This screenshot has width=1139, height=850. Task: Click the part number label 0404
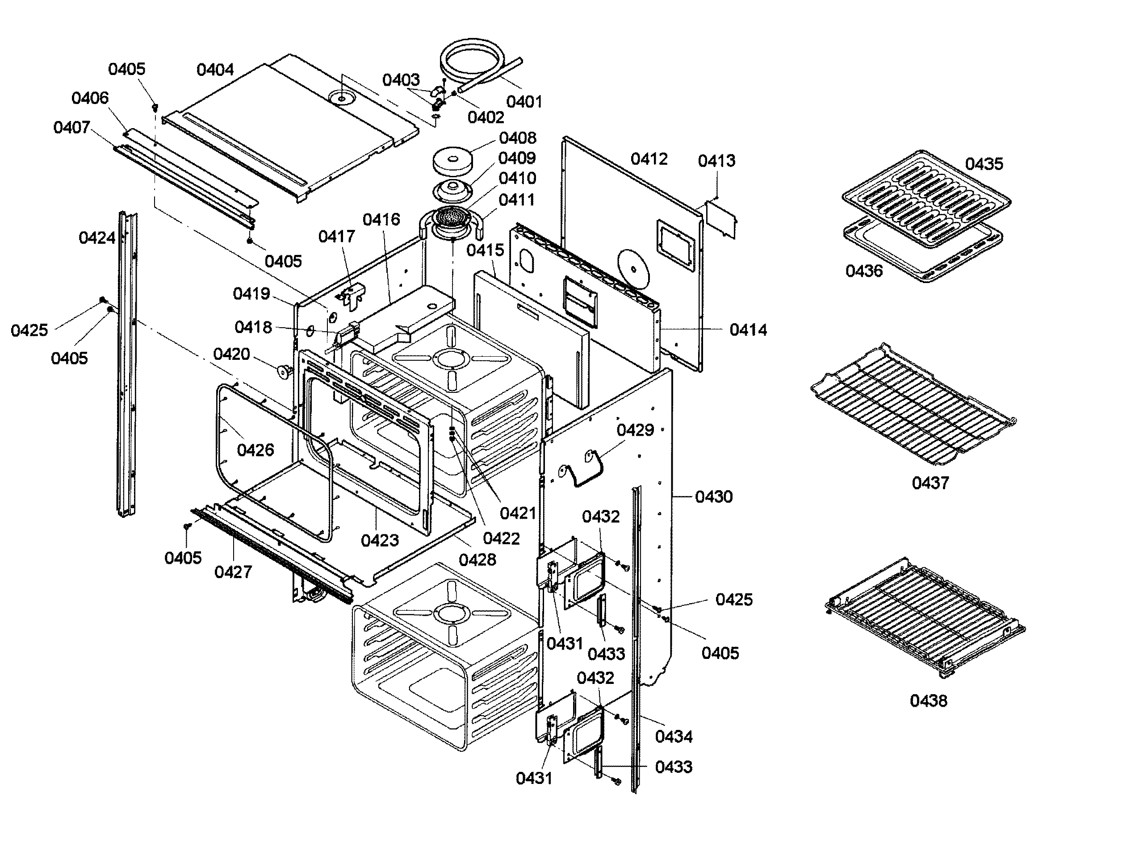tap(215, 70)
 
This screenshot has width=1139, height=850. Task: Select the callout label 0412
tap(649, 159)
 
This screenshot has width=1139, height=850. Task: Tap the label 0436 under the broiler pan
tap(864, 271)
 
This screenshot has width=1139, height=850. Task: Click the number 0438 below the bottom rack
tap(928, 701)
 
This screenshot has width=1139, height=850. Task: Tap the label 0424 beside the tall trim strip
tap(97, 237)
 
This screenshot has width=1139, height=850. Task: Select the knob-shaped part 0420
tap(283, 371)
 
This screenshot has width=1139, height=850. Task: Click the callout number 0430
tap(713, 496)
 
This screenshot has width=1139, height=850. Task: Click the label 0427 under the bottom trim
tap(233, 571)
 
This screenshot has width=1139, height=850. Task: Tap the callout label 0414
tap(748, 330)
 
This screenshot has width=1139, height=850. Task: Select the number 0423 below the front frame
tap(380, 540)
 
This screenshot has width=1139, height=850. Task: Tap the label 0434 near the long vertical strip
tap(673, 737)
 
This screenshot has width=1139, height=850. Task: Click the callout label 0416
tap(381, 220)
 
